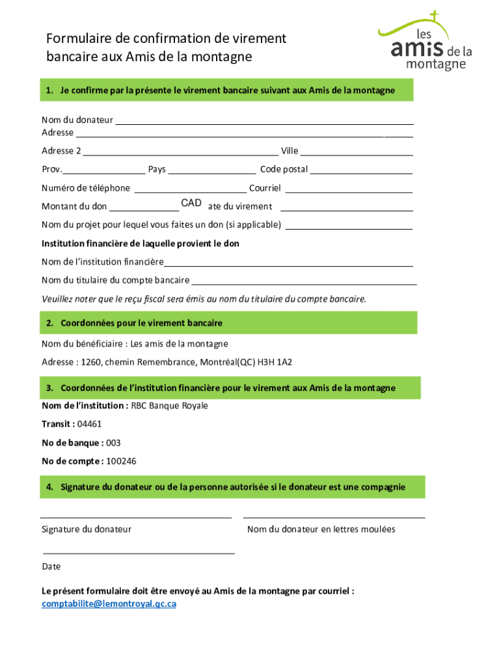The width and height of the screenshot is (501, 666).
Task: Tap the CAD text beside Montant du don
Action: pos(191,204)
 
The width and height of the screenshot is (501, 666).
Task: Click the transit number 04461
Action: pos(89,424)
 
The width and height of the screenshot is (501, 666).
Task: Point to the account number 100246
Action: pos(121,462)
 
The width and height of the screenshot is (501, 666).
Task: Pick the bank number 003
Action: pos(113,443)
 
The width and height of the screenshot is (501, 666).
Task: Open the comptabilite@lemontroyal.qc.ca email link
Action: pos(109,604)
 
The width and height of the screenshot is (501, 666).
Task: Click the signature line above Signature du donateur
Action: pos(137,517)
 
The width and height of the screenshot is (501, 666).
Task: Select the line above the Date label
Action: pos(138,553)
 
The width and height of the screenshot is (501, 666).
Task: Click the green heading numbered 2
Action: pos(228,323)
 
